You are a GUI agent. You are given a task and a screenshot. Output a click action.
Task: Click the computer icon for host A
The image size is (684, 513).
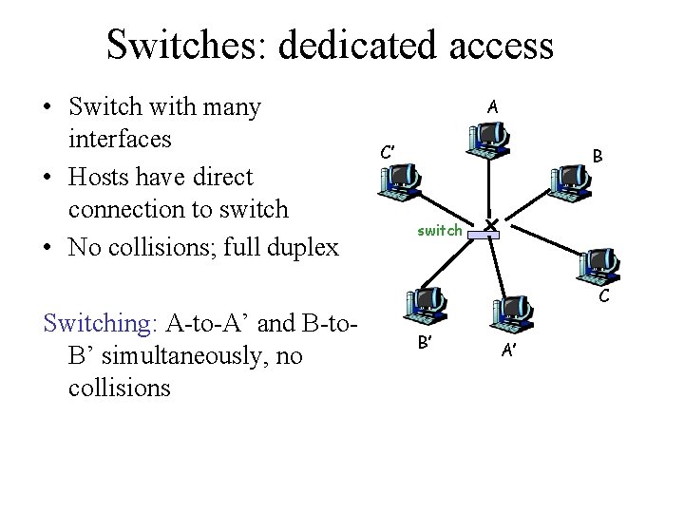487,142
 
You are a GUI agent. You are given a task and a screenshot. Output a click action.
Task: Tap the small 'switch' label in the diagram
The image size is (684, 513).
440,231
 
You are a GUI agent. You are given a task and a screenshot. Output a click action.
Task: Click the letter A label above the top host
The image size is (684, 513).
490,107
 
